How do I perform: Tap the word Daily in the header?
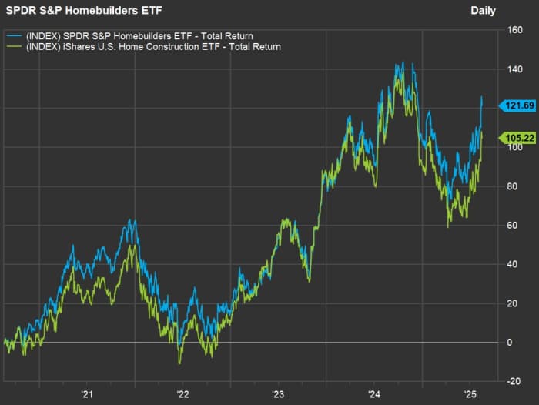click(x=484, y=10)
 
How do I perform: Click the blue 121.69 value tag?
click(x=517, y=105)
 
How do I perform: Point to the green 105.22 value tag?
click(x=517, y=138)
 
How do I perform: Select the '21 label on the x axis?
click(x=87, y=394)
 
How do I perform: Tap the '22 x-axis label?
click(x=183, y=394)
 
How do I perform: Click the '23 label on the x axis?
click(x=279, y=394)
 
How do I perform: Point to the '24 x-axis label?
click(x=374, y=394)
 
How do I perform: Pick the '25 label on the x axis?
click(x=470, y=394)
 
